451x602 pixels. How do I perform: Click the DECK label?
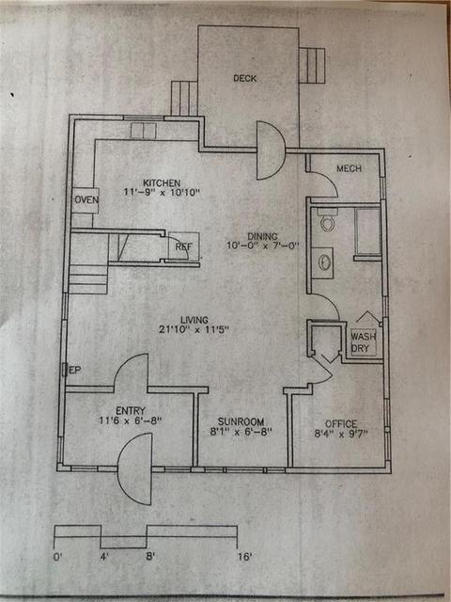point(244,79)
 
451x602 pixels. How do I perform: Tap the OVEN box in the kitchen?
point(86,200)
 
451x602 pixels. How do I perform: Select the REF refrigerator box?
point(184,246)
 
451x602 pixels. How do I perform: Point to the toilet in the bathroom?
point(328,220)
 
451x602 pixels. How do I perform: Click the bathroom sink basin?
point(324,262)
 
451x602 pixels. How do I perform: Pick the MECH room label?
point(349,168)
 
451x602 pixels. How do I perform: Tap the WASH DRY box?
point(364,342)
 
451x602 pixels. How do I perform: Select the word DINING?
point(262,236)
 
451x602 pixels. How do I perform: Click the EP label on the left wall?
point(75,370)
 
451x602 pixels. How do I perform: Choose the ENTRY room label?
point(131,411)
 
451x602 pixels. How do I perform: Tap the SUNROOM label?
point(241,421)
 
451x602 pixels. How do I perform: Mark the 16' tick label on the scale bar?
point(244,557)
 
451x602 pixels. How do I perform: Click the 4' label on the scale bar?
point(104,557)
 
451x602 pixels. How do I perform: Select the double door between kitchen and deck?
point(272,150)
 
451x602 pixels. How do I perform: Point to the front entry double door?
point(134,468)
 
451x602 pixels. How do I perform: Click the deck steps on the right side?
point(312,65)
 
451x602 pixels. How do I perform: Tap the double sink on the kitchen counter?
point(144,131)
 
